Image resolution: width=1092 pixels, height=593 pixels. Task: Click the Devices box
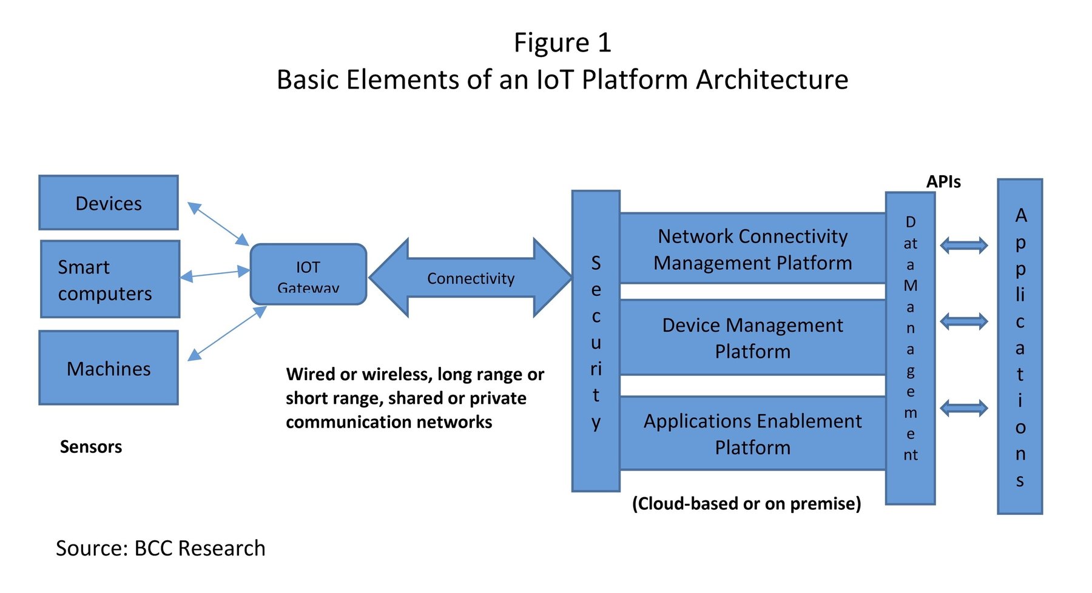coord(109,203)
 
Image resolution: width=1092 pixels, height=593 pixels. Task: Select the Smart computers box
coord(110,280)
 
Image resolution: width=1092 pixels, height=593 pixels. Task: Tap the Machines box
coord(109,367)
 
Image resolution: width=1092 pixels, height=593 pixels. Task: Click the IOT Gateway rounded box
coord(308,274)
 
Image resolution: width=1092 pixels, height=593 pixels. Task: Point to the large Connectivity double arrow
coord(470,278)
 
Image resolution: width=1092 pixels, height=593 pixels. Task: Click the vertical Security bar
coord(596,341)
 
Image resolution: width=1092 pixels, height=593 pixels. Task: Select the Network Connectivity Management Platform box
coord(752,249)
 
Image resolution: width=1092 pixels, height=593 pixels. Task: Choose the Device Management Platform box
coord(752,338)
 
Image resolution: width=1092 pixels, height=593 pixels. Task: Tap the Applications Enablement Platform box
coord(752,434)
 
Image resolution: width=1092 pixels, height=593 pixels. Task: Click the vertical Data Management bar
coord(910,349)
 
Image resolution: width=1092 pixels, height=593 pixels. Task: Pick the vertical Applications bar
coord(1020,347)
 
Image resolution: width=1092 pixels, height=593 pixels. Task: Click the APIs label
coord(943,181)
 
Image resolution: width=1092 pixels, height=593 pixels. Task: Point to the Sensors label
coord(91,447)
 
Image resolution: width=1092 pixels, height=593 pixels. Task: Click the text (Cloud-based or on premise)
coord(746,503)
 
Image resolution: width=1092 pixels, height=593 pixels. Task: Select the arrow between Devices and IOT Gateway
coord(218,224)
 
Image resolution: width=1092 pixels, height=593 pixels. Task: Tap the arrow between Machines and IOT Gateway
coord(227,333)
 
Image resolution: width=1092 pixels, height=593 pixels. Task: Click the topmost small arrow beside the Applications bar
coord(963,246)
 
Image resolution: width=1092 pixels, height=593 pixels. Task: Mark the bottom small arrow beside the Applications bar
coord(963,408)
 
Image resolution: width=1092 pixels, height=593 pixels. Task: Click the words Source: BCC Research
coord(161,548)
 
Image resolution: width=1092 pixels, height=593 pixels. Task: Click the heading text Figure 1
coord(562,42)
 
